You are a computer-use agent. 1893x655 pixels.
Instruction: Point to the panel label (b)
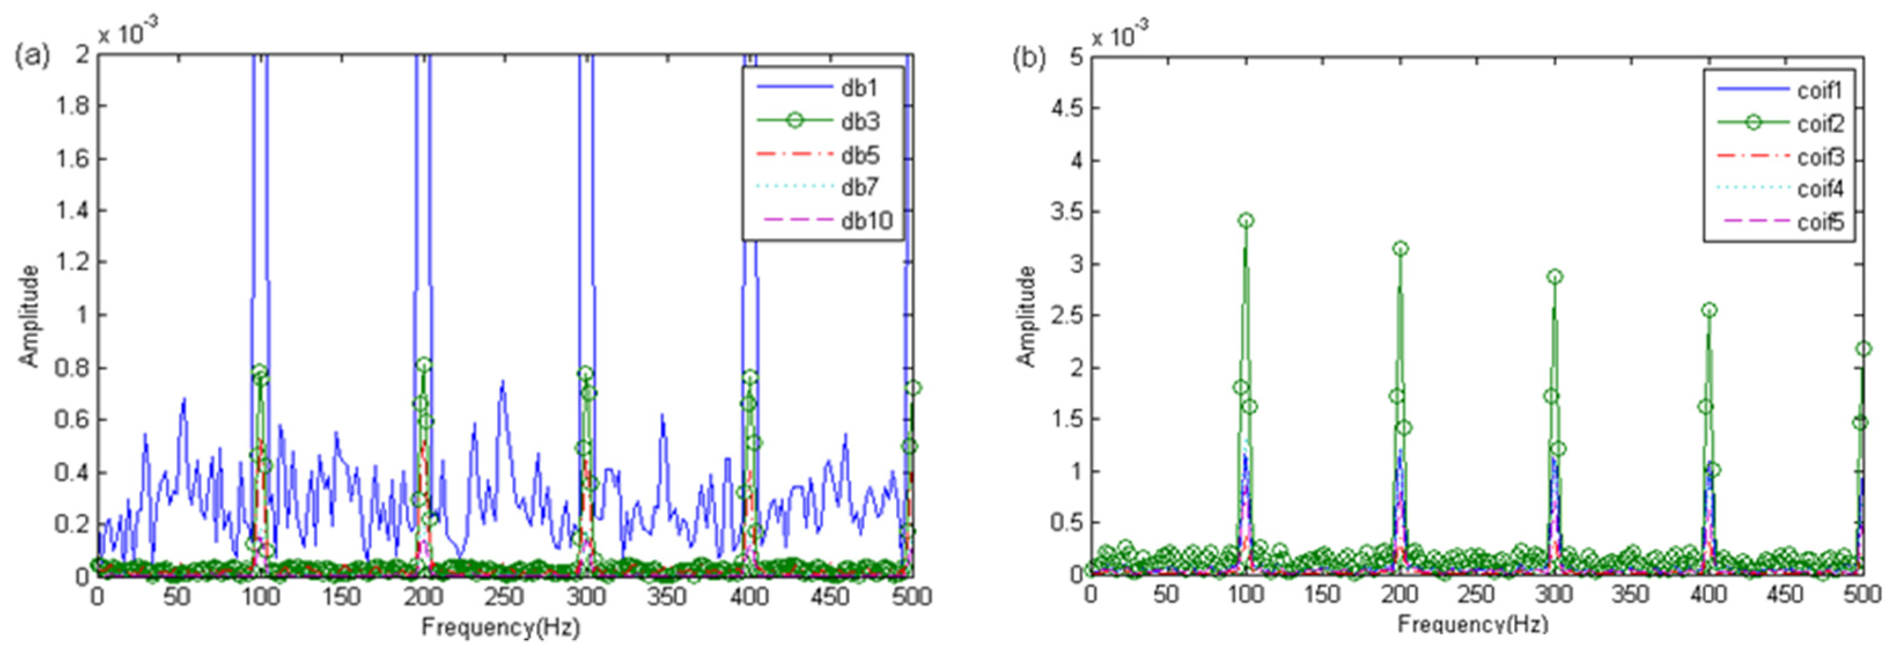[1029, 57]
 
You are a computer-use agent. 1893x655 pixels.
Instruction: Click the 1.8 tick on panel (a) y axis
[72, 106]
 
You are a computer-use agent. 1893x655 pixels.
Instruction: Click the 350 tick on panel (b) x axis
[1631, 595]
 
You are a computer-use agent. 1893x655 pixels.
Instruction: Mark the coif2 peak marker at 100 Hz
[1246, 220]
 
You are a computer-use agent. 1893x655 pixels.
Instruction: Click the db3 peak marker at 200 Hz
[424, 365]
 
